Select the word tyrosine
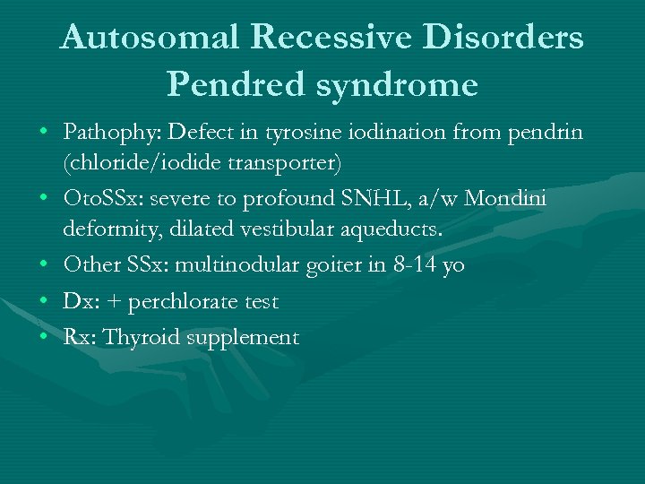point(296,134)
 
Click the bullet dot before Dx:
point(43,302)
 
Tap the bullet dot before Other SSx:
point(43,266)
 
